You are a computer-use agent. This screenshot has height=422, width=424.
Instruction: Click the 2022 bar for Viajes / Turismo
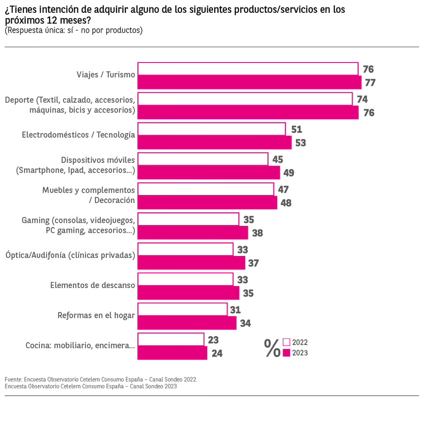point(248,69)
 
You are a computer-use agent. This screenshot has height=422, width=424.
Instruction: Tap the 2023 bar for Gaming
point(193,233)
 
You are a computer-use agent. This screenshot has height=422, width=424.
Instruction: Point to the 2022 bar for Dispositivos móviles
point(203,159)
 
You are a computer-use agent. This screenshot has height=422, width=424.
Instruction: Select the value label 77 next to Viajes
point(370,82)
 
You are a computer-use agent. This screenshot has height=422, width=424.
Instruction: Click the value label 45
point(278,159)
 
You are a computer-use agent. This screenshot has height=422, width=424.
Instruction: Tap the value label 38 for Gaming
point(257,233)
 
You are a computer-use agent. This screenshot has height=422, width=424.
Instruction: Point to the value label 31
point(235,310)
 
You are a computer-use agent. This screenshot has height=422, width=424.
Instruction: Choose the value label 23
point(213,340)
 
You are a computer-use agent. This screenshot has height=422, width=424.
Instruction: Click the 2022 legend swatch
point(286,342)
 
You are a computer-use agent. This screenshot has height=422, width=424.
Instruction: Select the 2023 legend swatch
point(286,353)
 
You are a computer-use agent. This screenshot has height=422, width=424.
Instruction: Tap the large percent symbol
point(272,348)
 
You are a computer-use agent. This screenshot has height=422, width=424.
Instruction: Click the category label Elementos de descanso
point(92,285)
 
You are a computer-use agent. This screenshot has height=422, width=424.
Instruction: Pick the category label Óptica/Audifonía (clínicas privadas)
point(69,255)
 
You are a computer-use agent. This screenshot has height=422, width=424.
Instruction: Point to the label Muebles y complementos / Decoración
point(88,195)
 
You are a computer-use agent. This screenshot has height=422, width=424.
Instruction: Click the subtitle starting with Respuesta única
point(74,30)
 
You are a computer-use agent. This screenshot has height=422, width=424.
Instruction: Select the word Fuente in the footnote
point(13,379)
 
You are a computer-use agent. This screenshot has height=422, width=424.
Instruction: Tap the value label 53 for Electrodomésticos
point(301,143)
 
